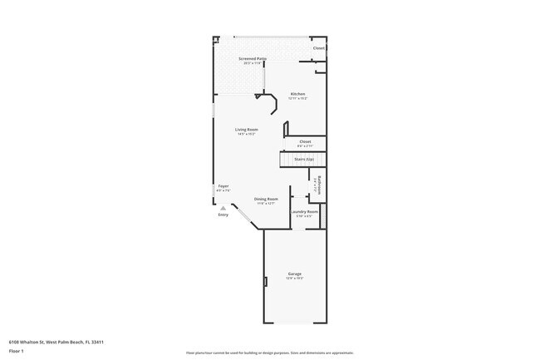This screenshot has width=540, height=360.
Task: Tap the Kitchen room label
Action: tap(297, 94)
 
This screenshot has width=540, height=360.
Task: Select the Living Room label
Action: tap(246, 129)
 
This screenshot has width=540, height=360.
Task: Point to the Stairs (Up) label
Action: tap(304, 159)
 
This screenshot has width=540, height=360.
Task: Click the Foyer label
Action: tap(223, 185)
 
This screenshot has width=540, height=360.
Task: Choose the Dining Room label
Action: tap(266, 199)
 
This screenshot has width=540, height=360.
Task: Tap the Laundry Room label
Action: tap(304, 212)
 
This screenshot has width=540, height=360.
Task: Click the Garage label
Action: tap(294, 274)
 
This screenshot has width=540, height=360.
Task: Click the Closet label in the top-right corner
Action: tap(318, 48)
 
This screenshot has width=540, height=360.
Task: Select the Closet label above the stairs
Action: tap(305, 141)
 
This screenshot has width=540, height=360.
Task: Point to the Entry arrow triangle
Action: tap(222, 208)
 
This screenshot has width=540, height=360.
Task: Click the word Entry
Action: tap(223, 215)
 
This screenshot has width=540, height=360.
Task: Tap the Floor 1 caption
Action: tap(17, 351)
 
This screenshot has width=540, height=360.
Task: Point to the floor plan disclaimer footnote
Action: tap(269, 353)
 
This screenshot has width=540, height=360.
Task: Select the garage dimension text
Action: tap(294, 278)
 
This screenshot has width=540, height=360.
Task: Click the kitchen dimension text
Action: tap(297, 98)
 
